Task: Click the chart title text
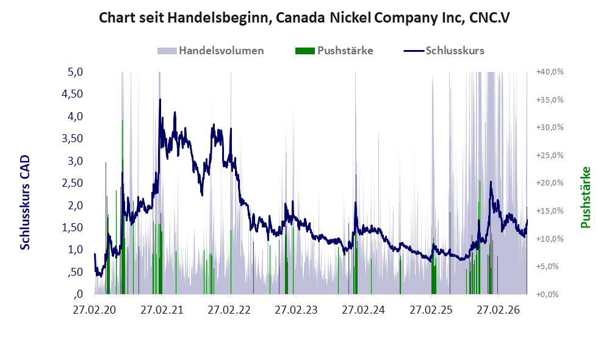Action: pyautogui.click(x=304, y=18)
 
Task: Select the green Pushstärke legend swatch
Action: pyautogui.click(x=305, y=51)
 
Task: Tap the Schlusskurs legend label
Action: pyautogui.click(x=455, y=51)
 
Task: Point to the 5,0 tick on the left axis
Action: pyautogui.click(x=75, y=72)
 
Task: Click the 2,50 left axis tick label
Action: pyautogui.click(x=72, y=183)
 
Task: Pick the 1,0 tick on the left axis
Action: pyautogui.click(x=75, y=250)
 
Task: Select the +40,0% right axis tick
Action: pyautogui.click(x=550, y=72)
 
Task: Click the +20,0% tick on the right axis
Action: pyautogui.click(x=550, y=183)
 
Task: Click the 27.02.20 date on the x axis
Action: pyautogui.click(x=95, y=310)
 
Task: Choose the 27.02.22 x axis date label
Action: pyautogui.click(x=229, y=310)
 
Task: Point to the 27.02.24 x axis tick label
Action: pyautogui.click(x=364, y=310)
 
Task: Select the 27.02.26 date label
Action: pyautogui.click(x=499, y=310)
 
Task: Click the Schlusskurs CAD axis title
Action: pyautogui.click(x=25, y=203)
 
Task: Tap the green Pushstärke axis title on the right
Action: pyautogui.click(x=585, y=197)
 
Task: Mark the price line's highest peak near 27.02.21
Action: pyautogui.click(x=160, y=99)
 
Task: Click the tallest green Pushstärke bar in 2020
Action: pyautogui.click(x=122, y=207)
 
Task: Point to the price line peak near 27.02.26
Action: pyautogui.click(x=491, y=182)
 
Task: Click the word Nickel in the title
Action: pyautogui.click(x=350, y=18)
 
